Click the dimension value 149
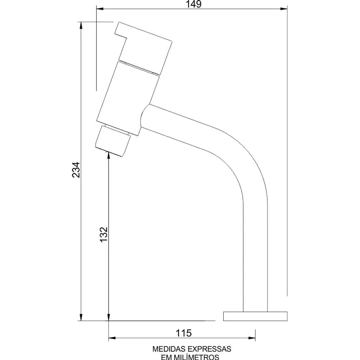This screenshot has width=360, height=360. pyautogui.click(x=194, y=4)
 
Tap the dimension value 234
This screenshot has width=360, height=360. pyautogui.click(x=76, y=170)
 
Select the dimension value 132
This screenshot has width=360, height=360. pyautogui.click(x=104, y=234)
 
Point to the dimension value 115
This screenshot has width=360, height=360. pyautogui.click(x=184, y=333)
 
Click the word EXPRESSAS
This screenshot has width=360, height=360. pyautogui.click(x=210, y=349)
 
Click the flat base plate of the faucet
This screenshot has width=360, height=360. pyautogui.click(x=255, y=316)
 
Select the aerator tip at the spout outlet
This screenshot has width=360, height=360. pyautogui.click(x=113, y=141)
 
